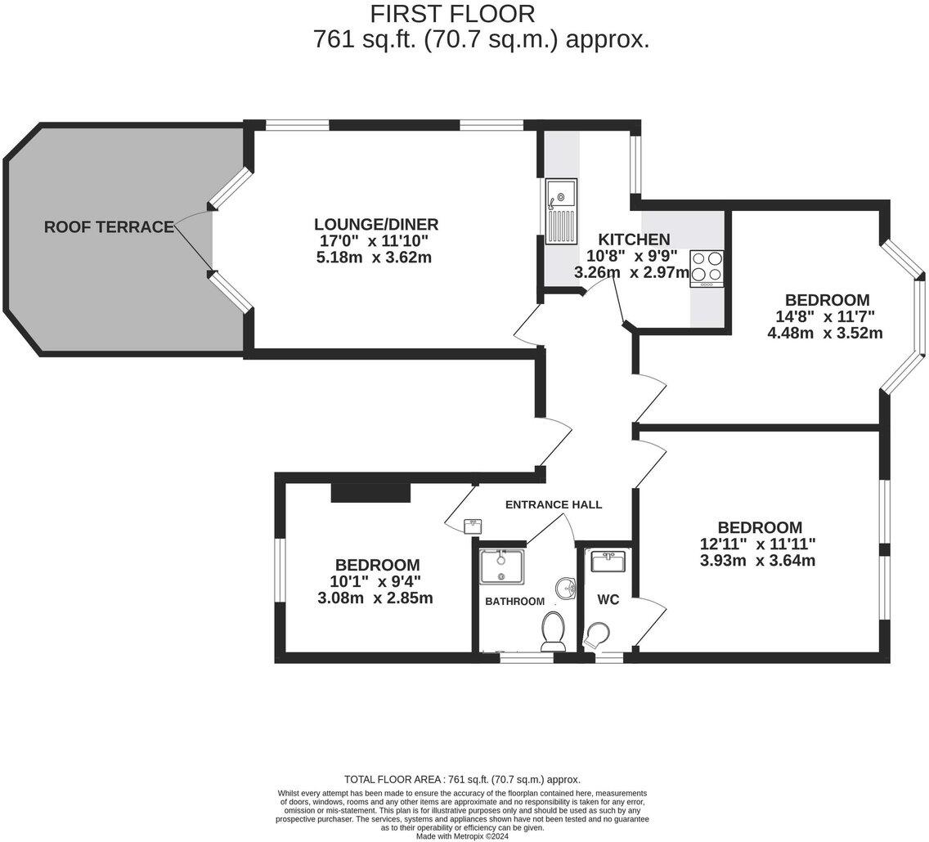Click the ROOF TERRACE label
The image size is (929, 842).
(108, 226)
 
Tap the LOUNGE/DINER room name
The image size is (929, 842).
(376, 224)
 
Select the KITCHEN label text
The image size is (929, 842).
(634, 240)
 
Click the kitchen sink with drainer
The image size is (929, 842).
(561, 211)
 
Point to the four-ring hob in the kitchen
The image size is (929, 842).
(707, 267)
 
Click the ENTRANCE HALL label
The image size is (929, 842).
(553, 504)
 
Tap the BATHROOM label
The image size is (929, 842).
(514, 601)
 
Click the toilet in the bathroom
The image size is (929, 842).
(554, 630)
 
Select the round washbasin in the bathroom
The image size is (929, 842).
(565, 587)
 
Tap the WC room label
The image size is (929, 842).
(608, 599)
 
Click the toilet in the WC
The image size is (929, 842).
(597, 635)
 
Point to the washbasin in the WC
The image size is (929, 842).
(607, 562)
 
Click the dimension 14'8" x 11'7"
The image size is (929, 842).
(827, 316)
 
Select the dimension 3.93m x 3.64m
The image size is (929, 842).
(759, 560)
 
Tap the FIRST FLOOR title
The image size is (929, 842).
(452, 14)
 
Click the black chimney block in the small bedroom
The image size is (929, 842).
(370, 492)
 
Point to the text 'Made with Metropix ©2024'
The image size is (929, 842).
(462, 836)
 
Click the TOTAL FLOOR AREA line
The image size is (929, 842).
(462, 779)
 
